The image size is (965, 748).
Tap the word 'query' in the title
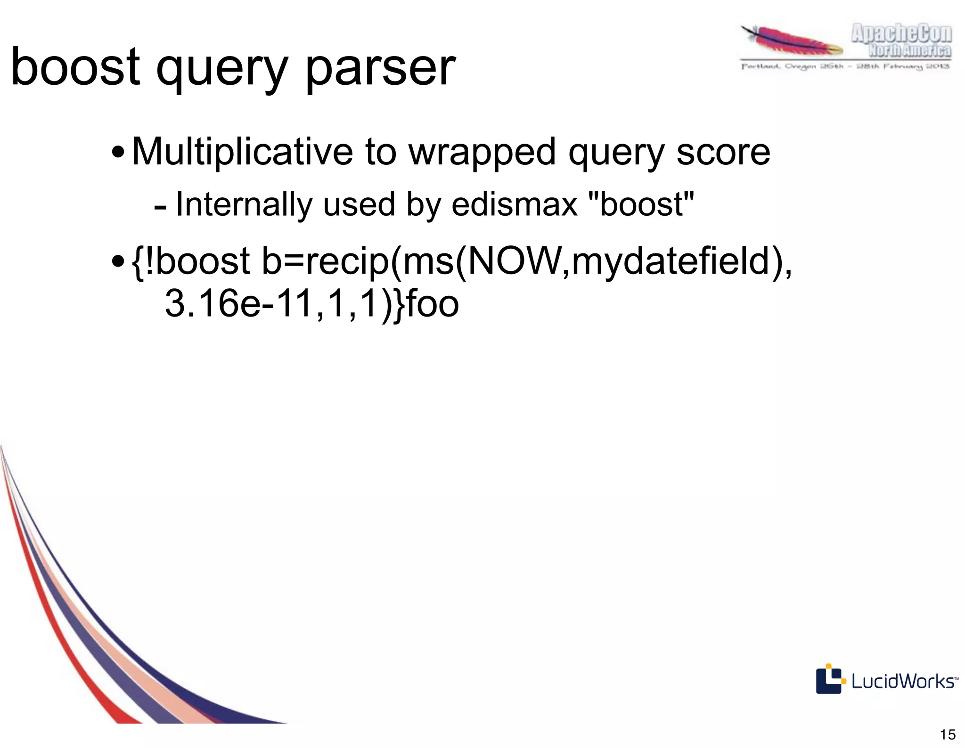click(x=221, y=71)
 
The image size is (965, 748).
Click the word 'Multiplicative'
click(x=242, y=152)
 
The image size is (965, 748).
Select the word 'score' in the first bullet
click(x=723, y=153)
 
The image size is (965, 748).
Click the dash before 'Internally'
click(x=160, y=207)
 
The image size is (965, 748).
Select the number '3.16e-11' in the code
click(x=238, y=303)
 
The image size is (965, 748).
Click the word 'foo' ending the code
click(x=432, y=303)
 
